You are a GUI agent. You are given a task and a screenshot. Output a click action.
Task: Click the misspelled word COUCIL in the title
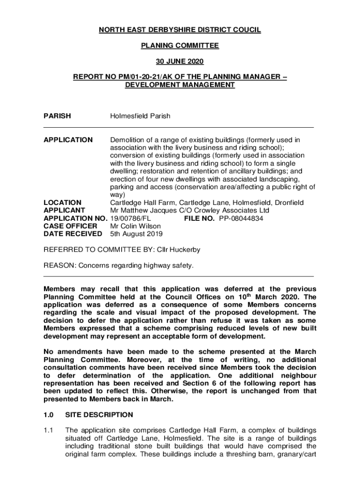[x=247, y=30]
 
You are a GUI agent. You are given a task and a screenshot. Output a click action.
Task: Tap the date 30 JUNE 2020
[x=180, y=61]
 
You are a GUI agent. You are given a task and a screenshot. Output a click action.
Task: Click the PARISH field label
[x=57, y=116]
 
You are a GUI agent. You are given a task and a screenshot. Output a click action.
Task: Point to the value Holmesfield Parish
[x=140, y=116]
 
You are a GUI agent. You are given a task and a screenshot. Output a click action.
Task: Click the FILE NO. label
[x=199, y=218]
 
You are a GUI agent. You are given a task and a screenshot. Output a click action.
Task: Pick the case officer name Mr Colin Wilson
[x=135, y=226]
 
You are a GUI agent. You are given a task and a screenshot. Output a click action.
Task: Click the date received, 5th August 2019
[x=136, y=234]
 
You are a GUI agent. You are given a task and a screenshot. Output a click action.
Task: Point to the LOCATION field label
[x=62, y=203]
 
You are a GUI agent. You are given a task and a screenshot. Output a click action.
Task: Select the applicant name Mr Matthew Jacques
[x=141, y=210]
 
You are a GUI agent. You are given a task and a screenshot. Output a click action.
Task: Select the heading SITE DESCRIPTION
[x=99, y=415]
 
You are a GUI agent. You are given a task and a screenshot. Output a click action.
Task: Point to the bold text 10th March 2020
[x=262, y=297]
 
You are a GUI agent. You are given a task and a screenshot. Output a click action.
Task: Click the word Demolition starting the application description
[x=127, y=140]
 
